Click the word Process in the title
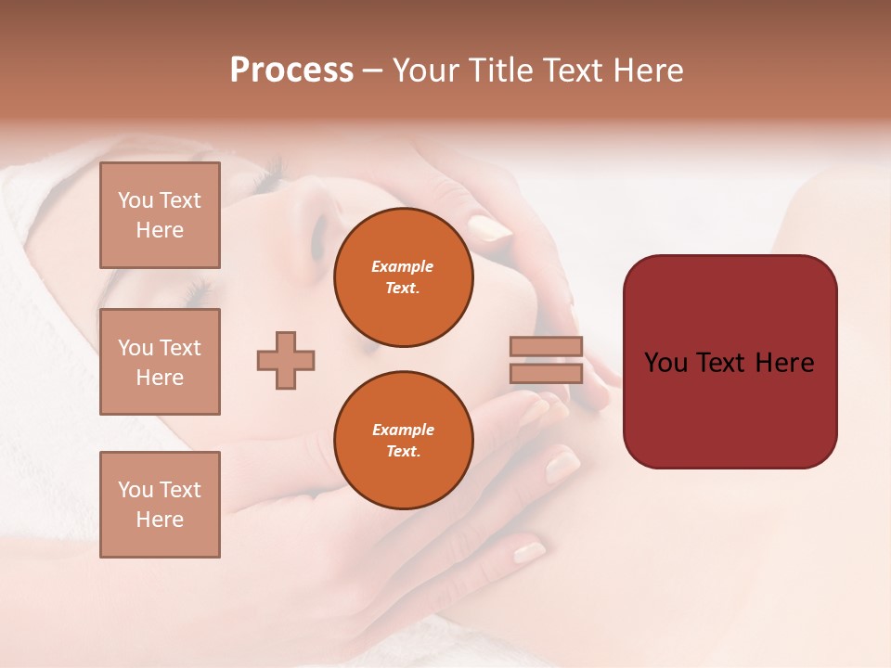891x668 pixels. click(x=291, y=71)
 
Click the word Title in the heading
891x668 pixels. click(x=502, y=71)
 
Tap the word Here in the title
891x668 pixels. click(x=647, y=71)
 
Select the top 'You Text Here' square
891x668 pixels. click(x=160, y=215)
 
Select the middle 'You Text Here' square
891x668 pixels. click(x=160, y=362)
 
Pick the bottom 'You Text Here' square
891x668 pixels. click(x=160, y=505)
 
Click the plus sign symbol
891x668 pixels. click(x=286, y=360)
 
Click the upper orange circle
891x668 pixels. click(x=403, y=277)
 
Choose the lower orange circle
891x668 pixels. click(x=403, y=441)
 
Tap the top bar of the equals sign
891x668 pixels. click(x=547, y=347)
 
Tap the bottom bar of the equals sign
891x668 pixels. click(x=547, y=373)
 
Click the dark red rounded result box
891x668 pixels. click(x=730, y=361)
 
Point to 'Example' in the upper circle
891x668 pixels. click(x=403, y=266)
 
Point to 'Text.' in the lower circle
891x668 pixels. click(x=403, y=452)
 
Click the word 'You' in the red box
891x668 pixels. click(x=666, y=363)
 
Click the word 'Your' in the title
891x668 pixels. click(x=426, y=71)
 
